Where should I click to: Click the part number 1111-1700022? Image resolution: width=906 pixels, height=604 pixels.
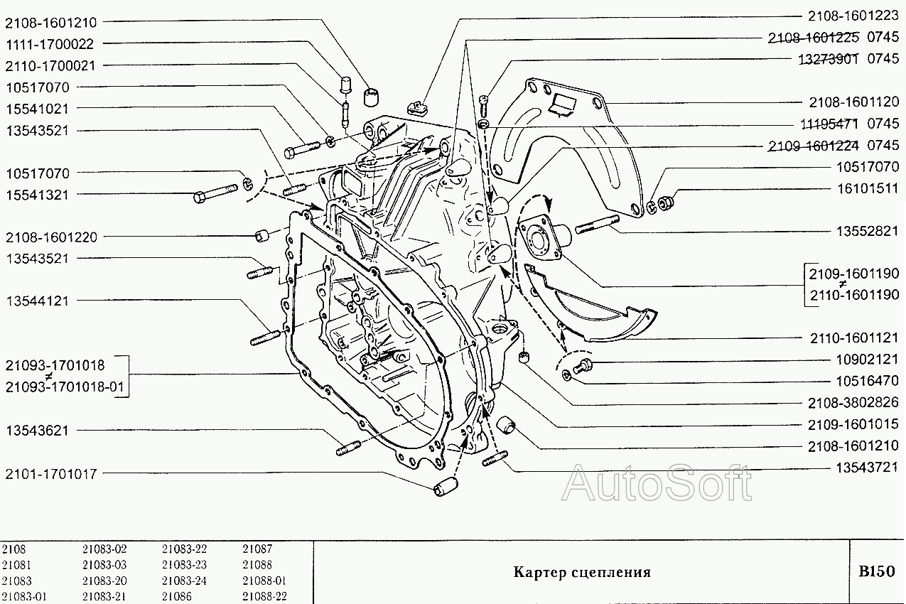[49, 44]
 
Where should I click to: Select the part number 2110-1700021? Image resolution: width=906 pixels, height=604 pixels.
[50, 65]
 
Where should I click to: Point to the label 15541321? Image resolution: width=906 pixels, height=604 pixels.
[37, 195]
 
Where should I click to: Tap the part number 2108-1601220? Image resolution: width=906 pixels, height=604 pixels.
[51, 237]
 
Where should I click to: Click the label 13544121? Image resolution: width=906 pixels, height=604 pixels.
[37, 301]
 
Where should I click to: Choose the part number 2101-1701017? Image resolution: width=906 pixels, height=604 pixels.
[51, 474]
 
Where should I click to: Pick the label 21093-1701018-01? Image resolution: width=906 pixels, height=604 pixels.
[65, 387]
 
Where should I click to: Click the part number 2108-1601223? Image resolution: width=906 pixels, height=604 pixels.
[853, 16]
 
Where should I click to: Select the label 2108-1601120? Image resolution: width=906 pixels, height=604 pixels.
[854, 102]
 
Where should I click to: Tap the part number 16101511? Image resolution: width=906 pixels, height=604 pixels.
[868, 188]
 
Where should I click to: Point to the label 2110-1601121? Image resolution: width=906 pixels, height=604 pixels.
[854, 338]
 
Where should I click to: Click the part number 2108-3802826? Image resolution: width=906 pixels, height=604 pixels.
[853, 403]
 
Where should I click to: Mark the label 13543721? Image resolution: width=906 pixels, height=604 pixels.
[868, 468]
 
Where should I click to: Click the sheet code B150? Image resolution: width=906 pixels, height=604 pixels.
[876, 571]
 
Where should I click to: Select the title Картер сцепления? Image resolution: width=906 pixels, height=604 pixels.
[582, 572]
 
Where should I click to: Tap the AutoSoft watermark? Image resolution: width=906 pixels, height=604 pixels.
[657, 482]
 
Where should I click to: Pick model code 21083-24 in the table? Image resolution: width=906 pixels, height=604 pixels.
[185, 581]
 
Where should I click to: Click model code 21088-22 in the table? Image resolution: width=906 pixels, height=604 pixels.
[264, 596]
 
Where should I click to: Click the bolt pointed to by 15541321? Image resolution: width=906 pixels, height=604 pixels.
[215, 193]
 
